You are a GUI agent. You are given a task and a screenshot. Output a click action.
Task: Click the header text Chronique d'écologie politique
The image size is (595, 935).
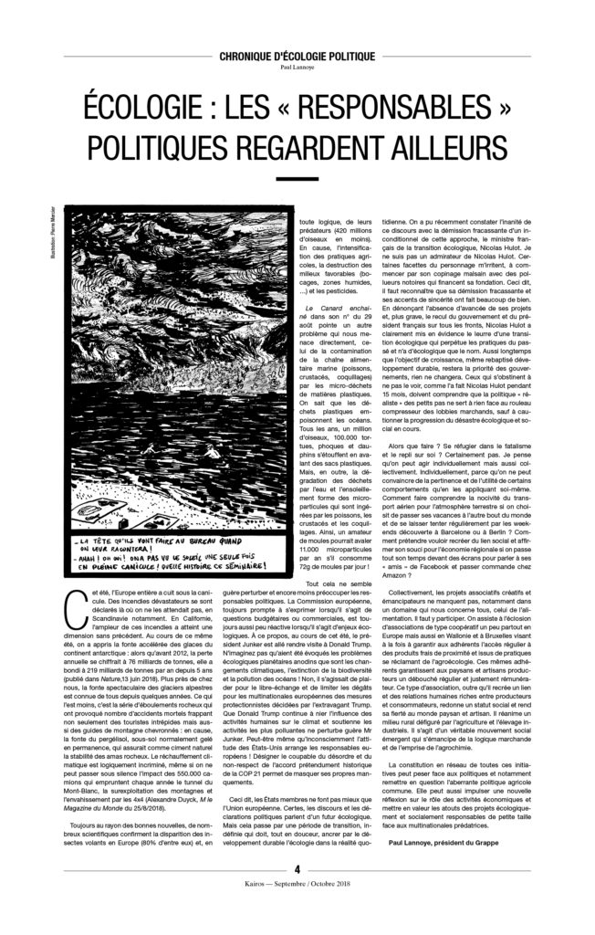[x=297, y=56]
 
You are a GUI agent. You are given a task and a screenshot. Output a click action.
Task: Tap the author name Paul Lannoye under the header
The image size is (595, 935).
[x=297, y=66]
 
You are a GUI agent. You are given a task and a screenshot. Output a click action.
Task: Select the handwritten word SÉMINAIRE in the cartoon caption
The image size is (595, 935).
[x=255, y=566]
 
